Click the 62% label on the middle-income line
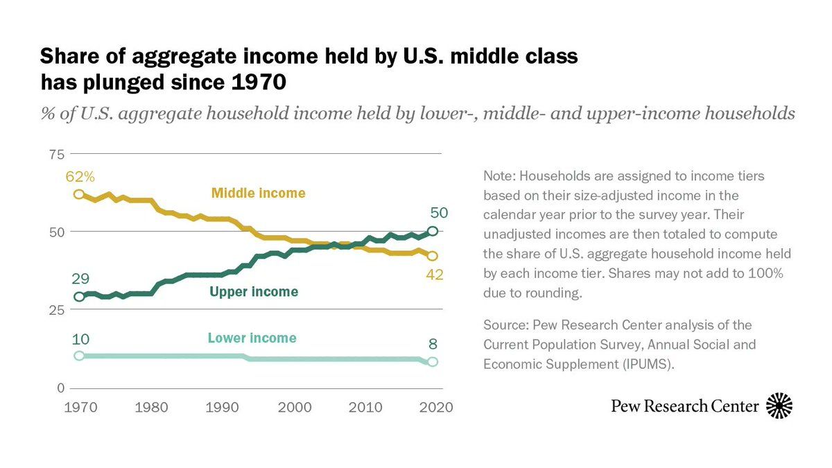click(79, 177)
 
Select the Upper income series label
click(254, 292)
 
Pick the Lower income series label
click(252, 338)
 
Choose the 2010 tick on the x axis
click(365, 407)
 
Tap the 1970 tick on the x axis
click(78, 407)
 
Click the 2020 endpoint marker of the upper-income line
click(433, 232)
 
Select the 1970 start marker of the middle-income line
click(79, 194)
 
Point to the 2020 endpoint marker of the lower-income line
click(433, 361)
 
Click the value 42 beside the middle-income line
click(435, 275)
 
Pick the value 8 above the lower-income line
click(433, 344)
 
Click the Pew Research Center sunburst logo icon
click(779, 406)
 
